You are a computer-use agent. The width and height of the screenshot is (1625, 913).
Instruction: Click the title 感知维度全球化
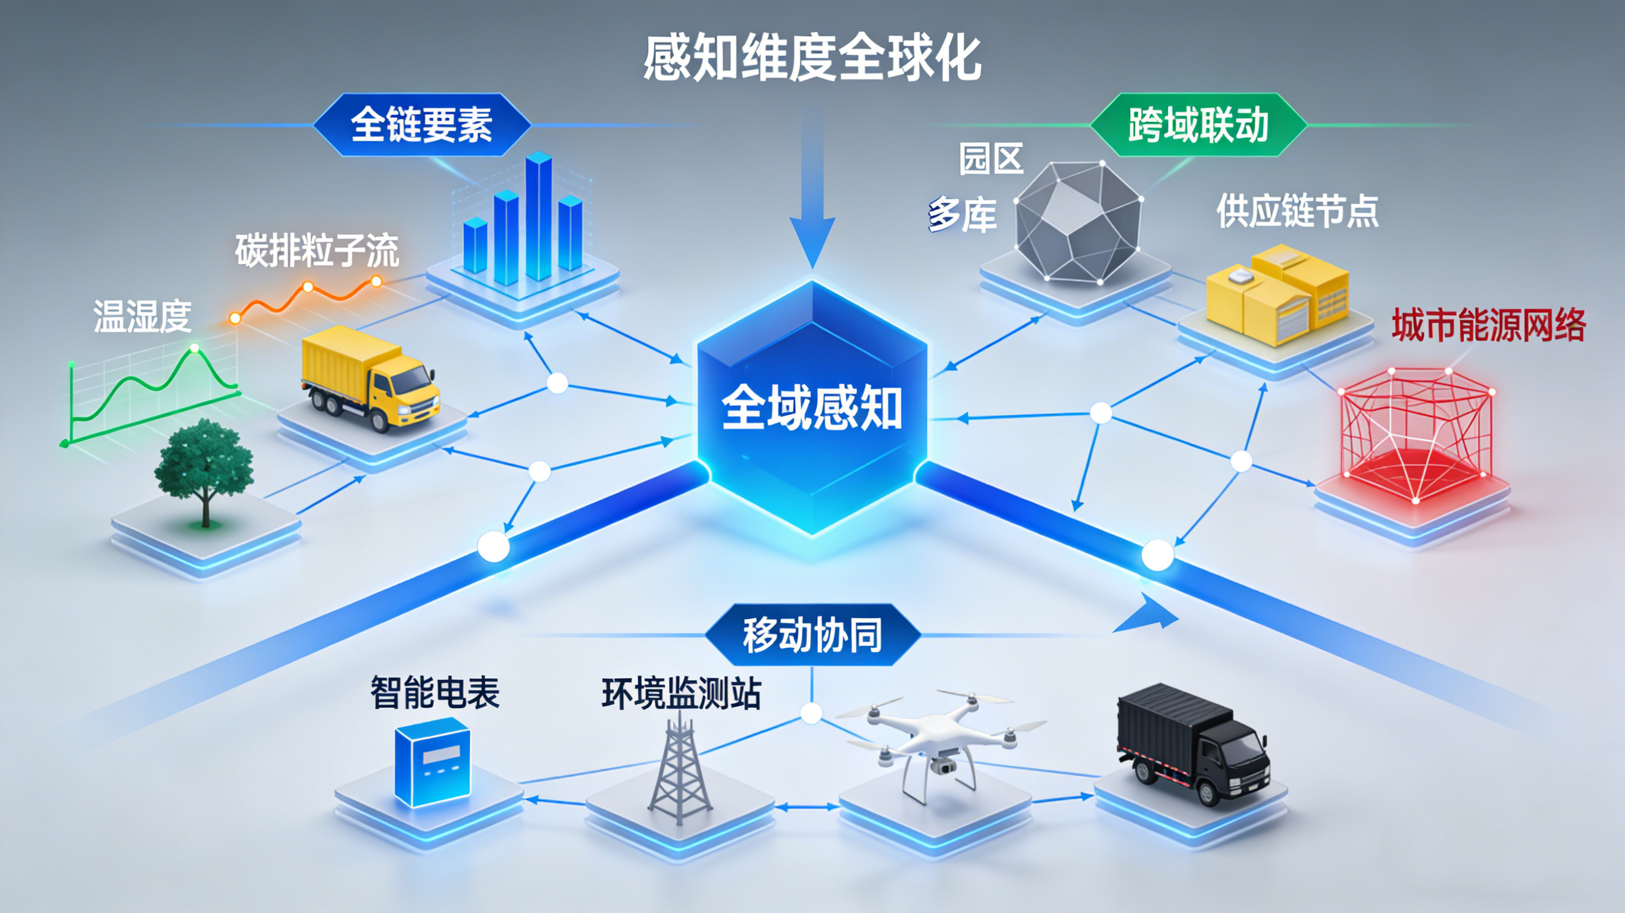click(812, 58)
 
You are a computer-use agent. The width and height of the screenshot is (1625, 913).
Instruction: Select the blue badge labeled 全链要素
click(421, 125)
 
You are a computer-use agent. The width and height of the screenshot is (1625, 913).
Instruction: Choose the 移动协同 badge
click(812, 635)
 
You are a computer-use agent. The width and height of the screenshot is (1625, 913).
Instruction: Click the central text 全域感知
click(812, 408)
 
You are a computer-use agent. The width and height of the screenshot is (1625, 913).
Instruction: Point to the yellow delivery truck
click(369, 378)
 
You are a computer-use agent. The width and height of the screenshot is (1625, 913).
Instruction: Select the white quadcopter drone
click(940, 744)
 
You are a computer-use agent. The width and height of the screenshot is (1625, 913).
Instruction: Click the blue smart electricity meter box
click(432, 763)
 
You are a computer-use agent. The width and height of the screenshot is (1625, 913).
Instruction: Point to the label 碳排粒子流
click(317, 250)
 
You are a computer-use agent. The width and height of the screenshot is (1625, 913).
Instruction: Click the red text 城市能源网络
click(1488, 325)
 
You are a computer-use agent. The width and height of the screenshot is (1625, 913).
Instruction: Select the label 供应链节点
click(1297, 211)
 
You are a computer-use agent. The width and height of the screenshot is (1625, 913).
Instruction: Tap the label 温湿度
click(143, 316)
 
